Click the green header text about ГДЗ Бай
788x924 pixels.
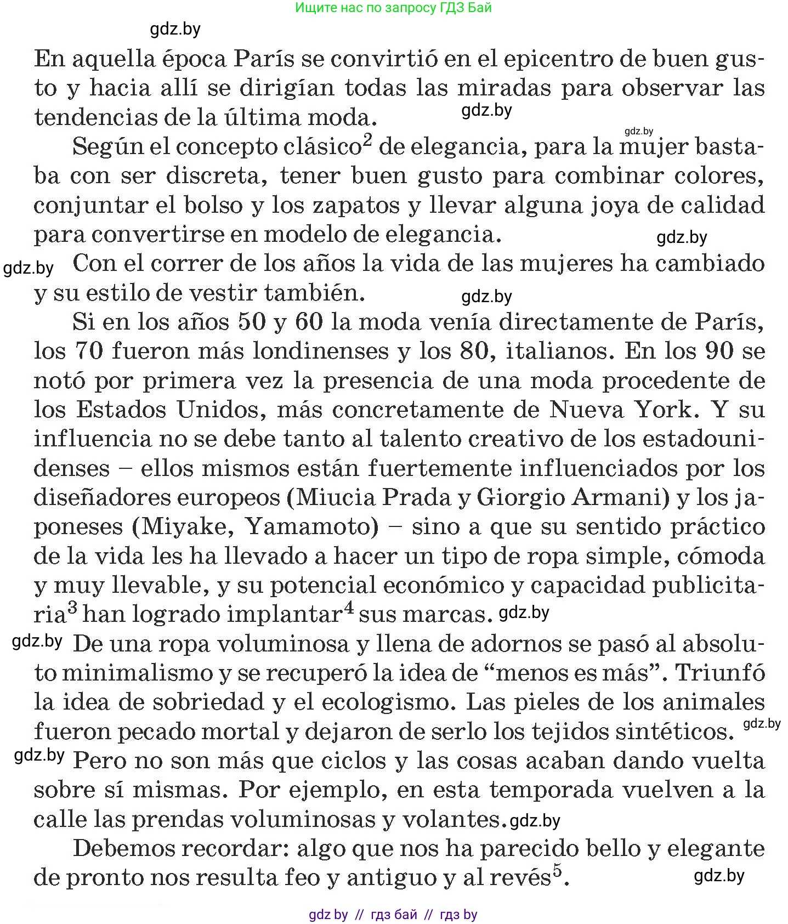(393, 8)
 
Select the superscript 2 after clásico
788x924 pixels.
(367, 140)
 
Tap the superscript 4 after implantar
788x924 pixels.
(348, 608)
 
